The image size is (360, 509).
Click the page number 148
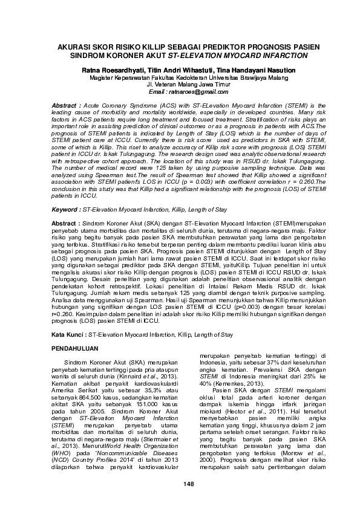tap(180, 484)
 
